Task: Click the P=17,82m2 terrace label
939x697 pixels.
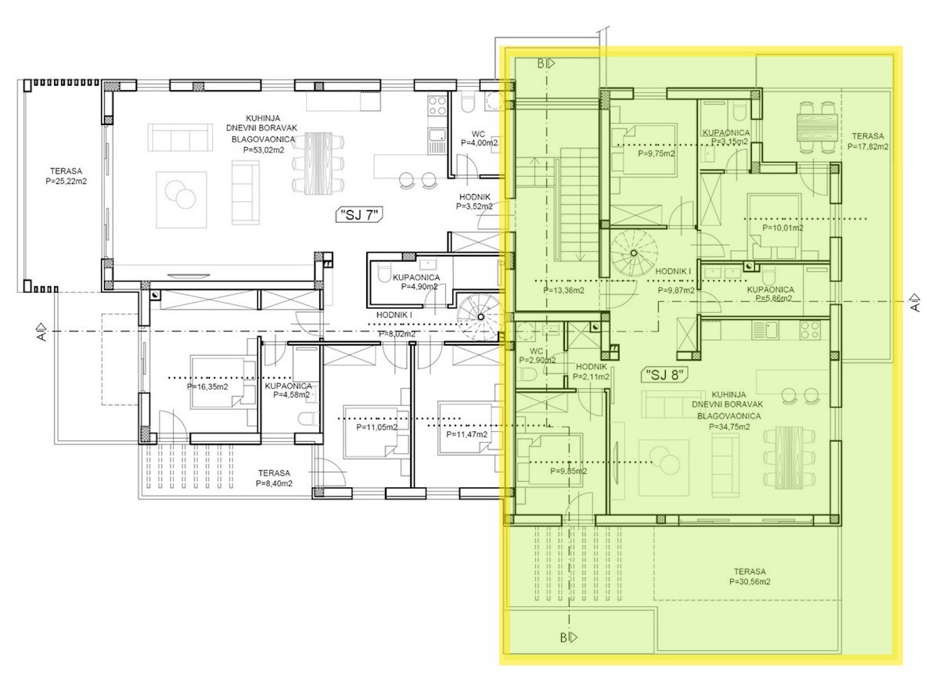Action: [x=867, y=146]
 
